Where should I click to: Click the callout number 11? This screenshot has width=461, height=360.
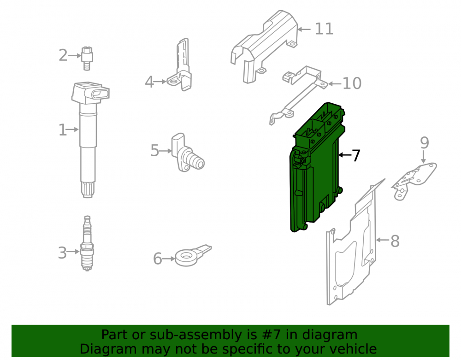[x=324, y=29]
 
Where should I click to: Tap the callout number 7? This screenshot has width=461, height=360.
[x=356, y=155]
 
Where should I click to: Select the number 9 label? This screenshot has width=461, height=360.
[x=424, y=143]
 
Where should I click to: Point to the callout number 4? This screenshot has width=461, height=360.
[x=149, y=82]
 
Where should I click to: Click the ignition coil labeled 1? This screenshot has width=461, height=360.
[x=88, y=138]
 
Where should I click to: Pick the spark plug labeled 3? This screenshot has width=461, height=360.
[x=87, y=243]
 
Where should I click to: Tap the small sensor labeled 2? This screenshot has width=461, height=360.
[x=87, y=58]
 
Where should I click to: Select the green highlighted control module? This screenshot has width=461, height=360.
[x=317, y=167]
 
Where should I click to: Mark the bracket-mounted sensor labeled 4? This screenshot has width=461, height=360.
[x=181, y=66]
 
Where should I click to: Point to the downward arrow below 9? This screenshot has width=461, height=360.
[x=423, y=157]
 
